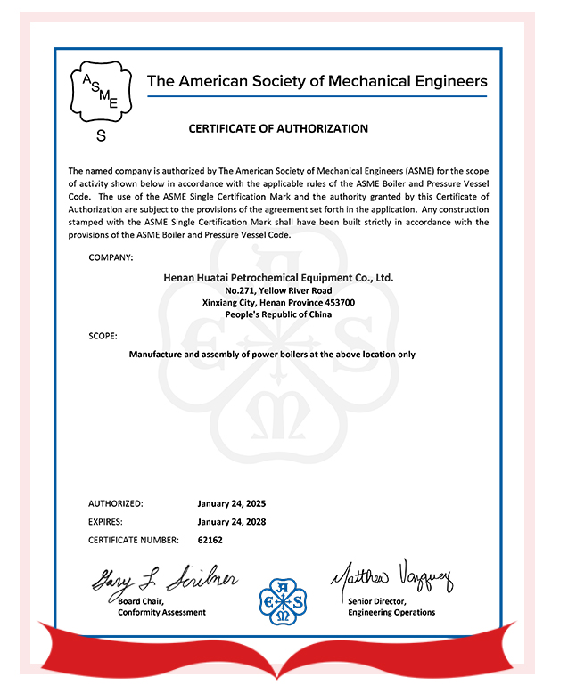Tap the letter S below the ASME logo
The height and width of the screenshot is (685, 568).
click(101, 136)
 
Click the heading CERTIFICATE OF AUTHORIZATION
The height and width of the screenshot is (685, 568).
click(278, 128)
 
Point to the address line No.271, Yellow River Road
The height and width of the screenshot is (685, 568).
click(278, 290)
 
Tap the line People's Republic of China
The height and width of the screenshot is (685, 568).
click(278, 315)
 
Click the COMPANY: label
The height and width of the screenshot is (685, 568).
click(111, 257)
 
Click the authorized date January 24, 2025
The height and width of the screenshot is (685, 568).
click(232, 503)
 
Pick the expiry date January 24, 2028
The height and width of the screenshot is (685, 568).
click(232, 522)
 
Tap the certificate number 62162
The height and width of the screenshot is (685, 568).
click(210, 540)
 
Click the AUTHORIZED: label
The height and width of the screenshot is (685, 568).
click(116, 503)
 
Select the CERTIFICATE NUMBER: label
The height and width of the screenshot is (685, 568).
click(134, 540)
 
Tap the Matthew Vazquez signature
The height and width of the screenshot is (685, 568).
click(393, 579)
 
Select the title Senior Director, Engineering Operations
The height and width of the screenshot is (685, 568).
click(391, 608)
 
